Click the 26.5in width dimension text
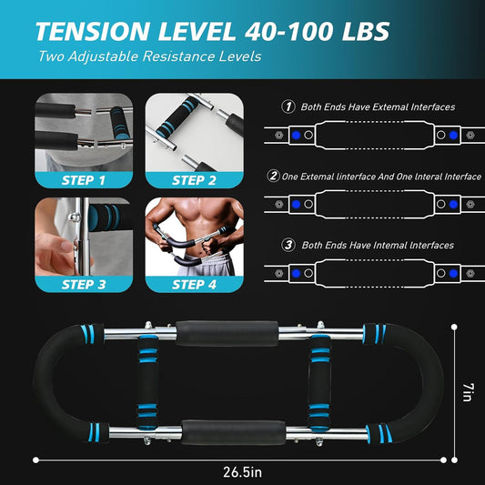(243, 471)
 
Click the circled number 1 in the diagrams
(288, 106)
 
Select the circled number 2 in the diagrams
(273, 176)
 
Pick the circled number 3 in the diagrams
(288, 244)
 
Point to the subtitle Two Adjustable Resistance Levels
(136, 56)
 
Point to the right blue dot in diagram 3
(452, 272)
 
